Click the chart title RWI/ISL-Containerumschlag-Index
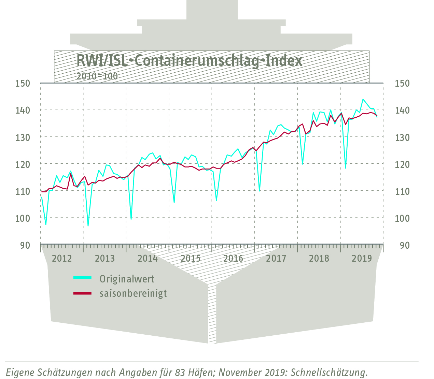(x=189, y=61)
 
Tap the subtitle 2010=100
(x=97, y=76)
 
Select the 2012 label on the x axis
(x=62, y=258)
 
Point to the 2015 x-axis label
(x=191, y=258)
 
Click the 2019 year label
(x=362, y=258)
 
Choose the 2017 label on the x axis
(x=276, y=258)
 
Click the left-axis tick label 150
(x=23, y=83)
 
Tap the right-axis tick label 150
(x=402, y=83)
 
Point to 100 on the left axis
(x=23, y=218)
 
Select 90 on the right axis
(x=405, y=245)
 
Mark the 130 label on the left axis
(x=23, y=137)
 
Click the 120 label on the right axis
(x=402, y=164)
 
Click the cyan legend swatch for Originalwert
(x=83, y=278)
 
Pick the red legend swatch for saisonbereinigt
(x=83, y=293)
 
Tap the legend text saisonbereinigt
(x=133, y=293)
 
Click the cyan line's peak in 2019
(x=363, y=99)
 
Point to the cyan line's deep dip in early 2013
(x=88, y=226)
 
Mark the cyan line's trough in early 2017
(x=260, y=191)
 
